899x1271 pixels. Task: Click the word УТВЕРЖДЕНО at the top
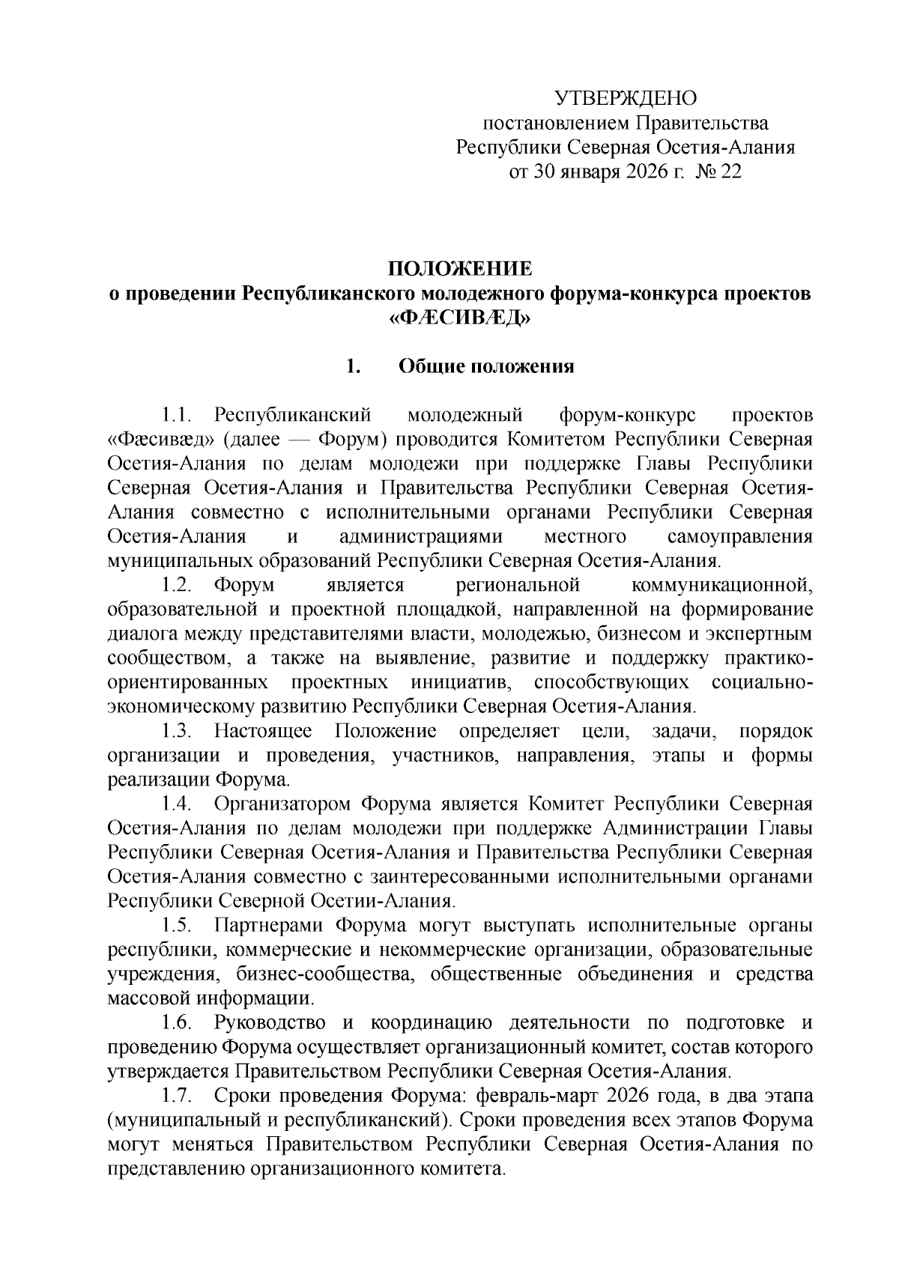pos(625,98)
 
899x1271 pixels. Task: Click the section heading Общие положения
pos(486,367)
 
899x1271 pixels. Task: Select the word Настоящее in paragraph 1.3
pos(262,731)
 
